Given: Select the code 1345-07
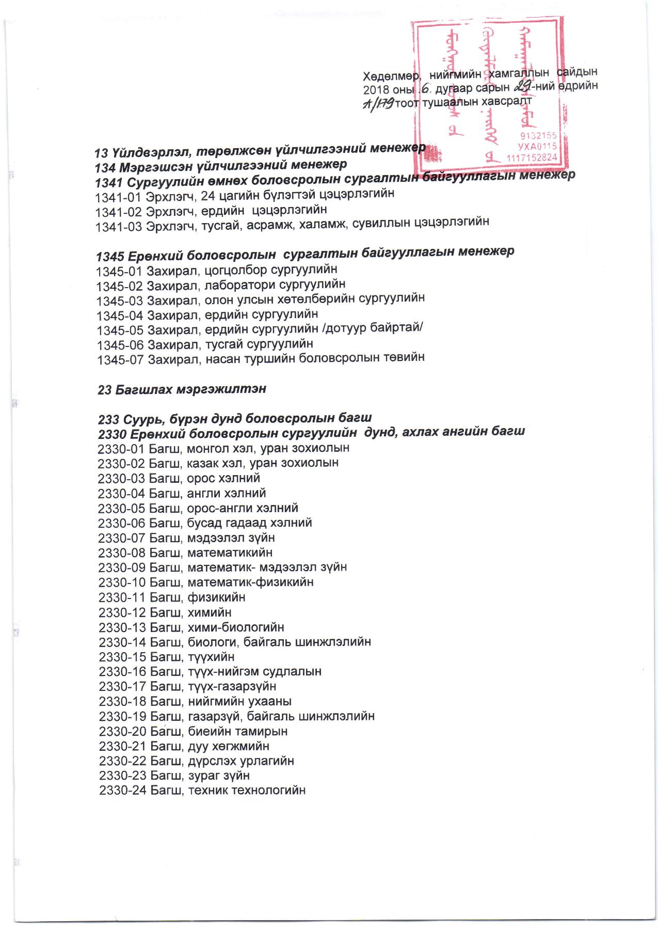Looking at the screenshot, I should coord(120,359).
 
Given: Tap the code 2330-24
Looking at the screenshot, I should coord(122,790).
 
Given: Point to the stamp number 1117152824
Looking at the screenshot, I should coord(532,157).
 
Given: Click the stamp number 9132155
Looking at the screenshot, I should coord(539,135).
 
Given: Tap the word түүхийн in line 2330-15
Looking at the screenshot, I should coord(211,657).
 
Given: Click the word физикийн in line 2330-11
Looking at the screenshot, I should coord(216,597).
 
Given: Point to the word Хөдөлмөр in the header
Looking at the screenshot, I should coord(390,76).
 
